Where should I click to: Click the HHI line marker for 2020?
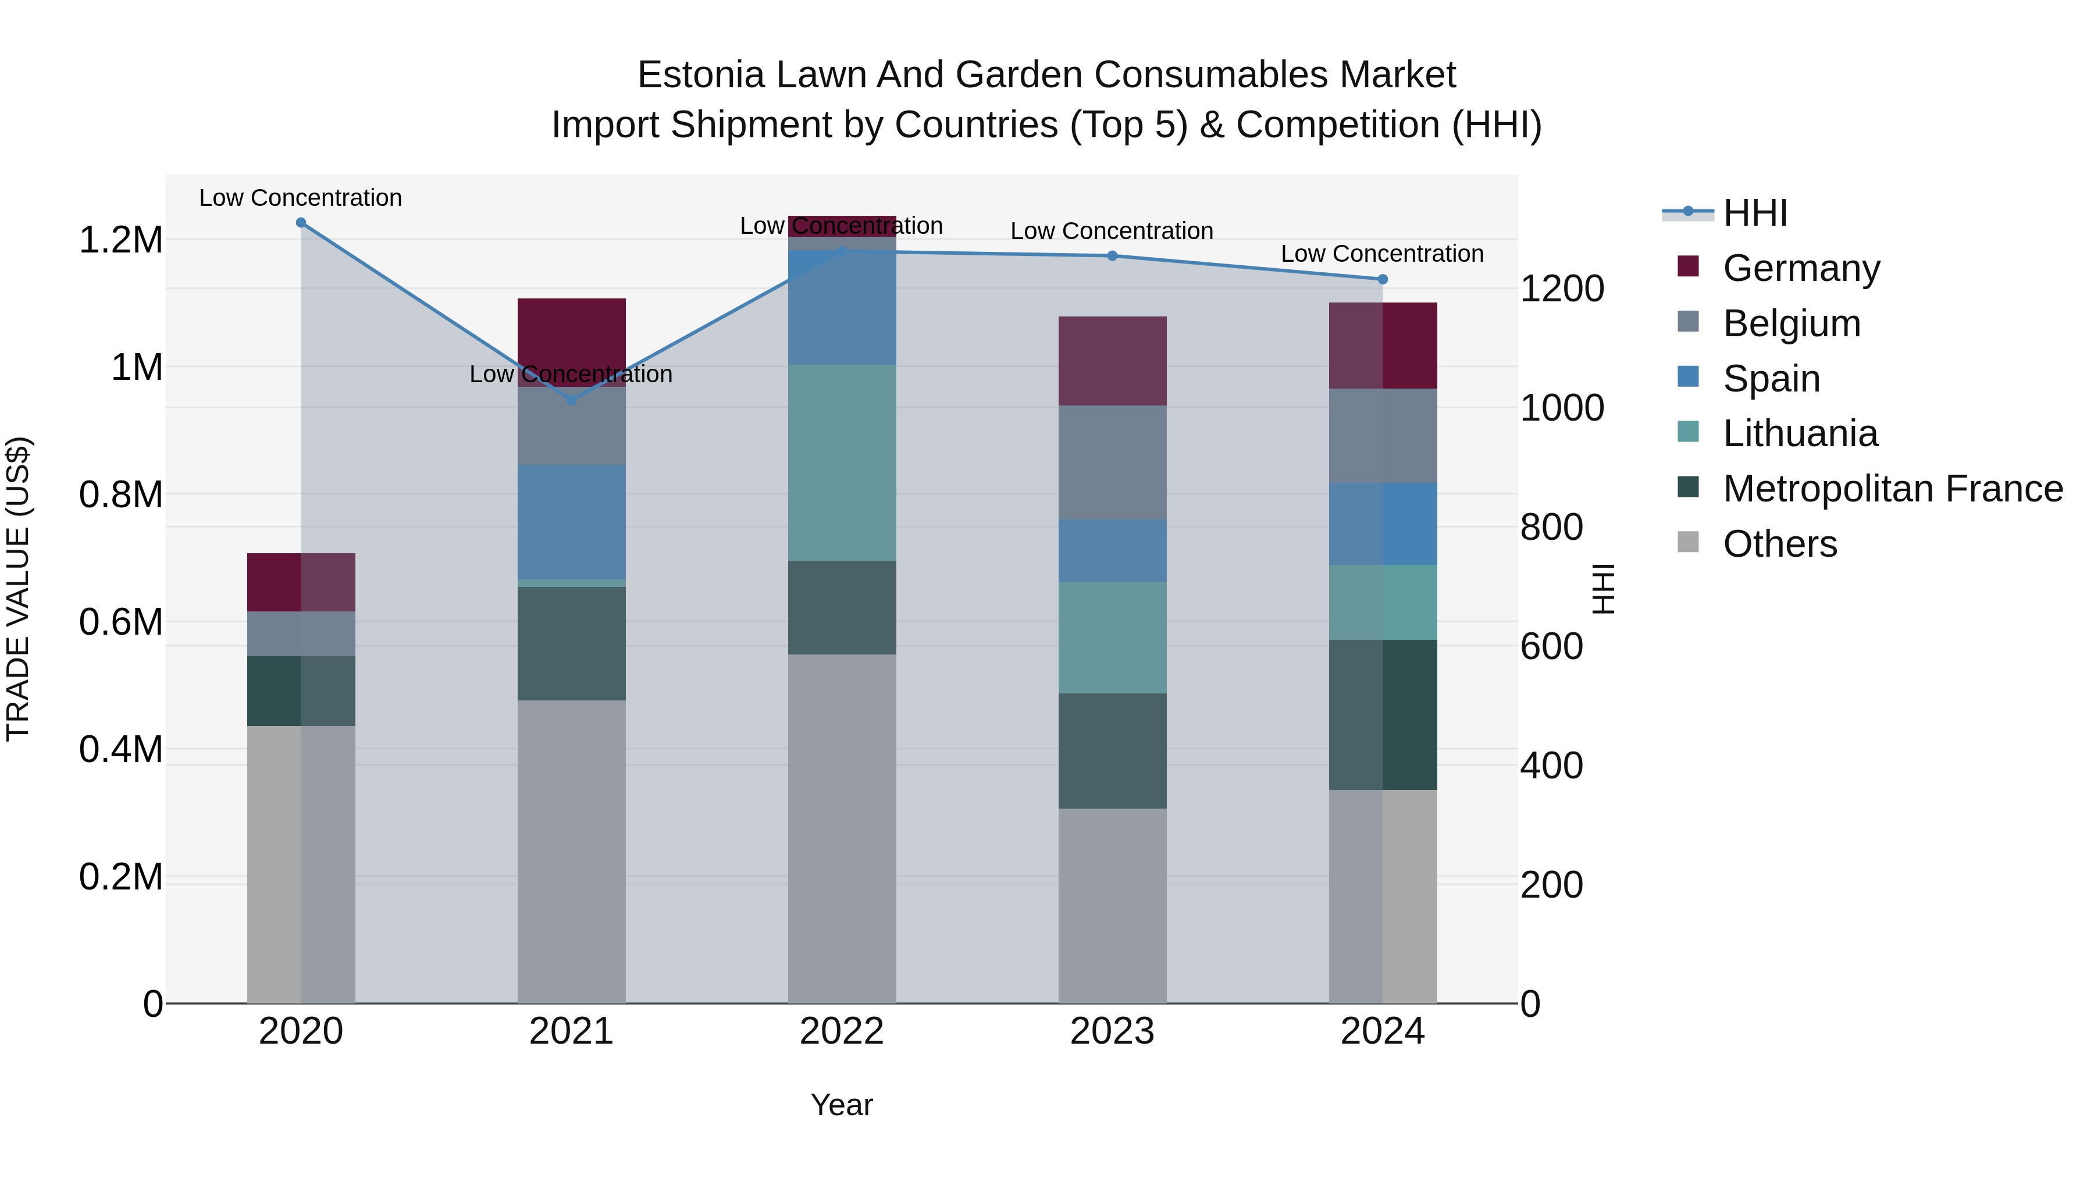tap(301, 223)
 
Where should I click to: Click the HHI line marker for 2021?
tap(571, 400)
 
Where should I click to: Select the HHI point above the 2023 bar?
tap(1112, 256)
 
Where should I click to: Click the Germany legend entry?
tap(1800, 268)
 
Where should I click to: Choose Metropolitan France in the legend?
tap(1892, 489)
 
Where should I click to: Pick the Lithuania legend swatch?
tap(1689, 432)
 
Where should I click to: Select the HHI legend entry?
tap(1754, 213)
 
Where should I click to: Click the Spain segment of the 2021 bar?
tap(571, 521)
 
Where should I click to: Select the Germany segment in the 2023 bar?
tap(1112, 361)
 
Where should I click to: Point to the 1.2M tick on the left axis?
tap(120, 241)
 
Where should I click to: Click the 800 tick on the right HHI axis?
tap(1551, 527)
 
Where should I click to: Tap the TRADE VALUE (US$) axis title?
tap(18, 589)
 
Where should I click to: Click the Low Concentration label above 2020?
tap(301, 198)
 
